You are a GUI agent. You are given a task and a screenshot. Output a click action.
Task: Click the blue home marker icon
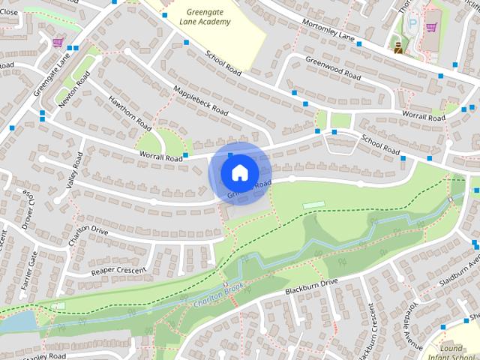coord(238,172)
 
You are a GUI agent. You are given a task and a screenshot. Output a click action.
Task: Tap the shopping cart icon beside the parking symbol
coord(430,28)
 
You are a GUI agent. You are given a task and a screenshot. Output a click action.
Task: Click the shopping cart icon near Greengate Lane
coord(58,42)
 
